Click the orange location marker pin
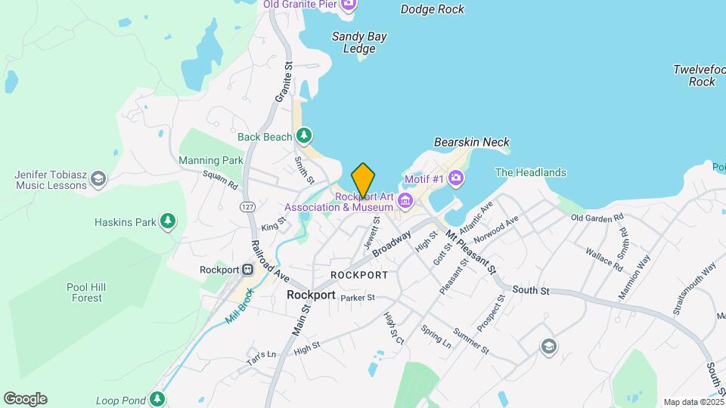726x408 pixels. pyautogui.click(x=363, y=180)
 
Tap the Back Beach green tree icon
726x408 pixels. pyautogui.click(x=304, y=136)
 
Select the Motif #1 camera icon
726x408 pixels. pyautogui.click(x=455, y=179)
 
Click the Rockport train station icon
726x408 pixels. pyautogui.click(x=247, y=270)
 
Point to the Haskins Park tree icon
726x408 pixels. pyautogui.click(x=168, y=222)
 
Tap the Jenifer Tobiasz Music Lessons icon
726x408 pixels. pyautogui.click(x=98, y=180)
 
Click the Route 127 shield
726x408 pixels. pyautogui.click(x=247, y=207)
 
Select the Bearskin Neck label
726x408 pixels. pyautogui.click(x=471, y=142)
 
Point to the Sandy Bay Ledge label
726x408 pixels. pyautogui.click(x=353, y=42)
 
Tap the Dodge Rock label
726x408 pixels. pyautogui.click(x=432, y=9)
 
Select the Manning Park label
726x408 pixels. pyautogui.click(x=211, y=161)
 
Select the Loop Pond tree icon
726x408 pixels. pyautogui.click(x=157, y=398)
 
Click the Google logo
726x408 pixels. pyautogui.click(x=25, y=399)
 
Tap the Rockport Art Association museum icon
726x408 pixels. pyautogui.click(x=405, y=201)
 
